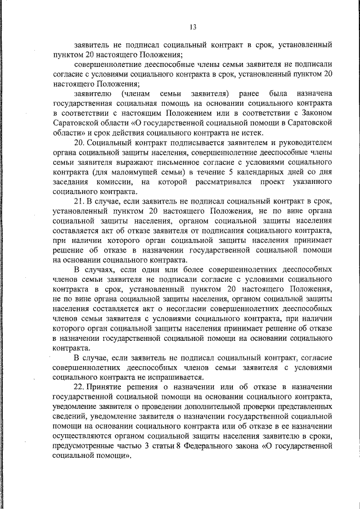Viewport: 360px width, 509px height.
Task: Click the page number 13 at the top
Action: pos(192,26)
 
